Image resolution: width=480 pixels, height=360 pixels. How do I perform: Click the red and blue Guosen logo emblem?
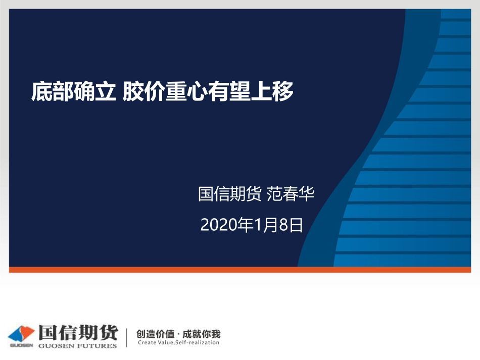[21, 334]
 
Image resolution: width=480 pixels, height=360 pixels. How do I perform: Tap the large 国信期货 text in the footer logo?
[78, 333]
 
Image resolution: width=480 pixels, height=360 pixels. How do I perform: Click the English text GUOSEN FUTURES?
[78, 346]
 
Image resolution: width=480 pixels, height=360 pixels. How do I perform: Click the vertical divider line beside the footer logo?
[126, 337]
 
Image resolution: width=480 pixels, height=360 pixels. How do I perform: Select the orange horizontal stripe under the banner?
[240, 270]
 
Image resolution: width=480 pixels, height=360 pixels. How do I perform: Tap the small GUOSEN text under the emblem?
[21, 346]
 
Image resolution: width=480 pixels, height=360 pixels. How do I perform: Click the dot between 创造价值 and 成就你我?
[179, 334]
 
